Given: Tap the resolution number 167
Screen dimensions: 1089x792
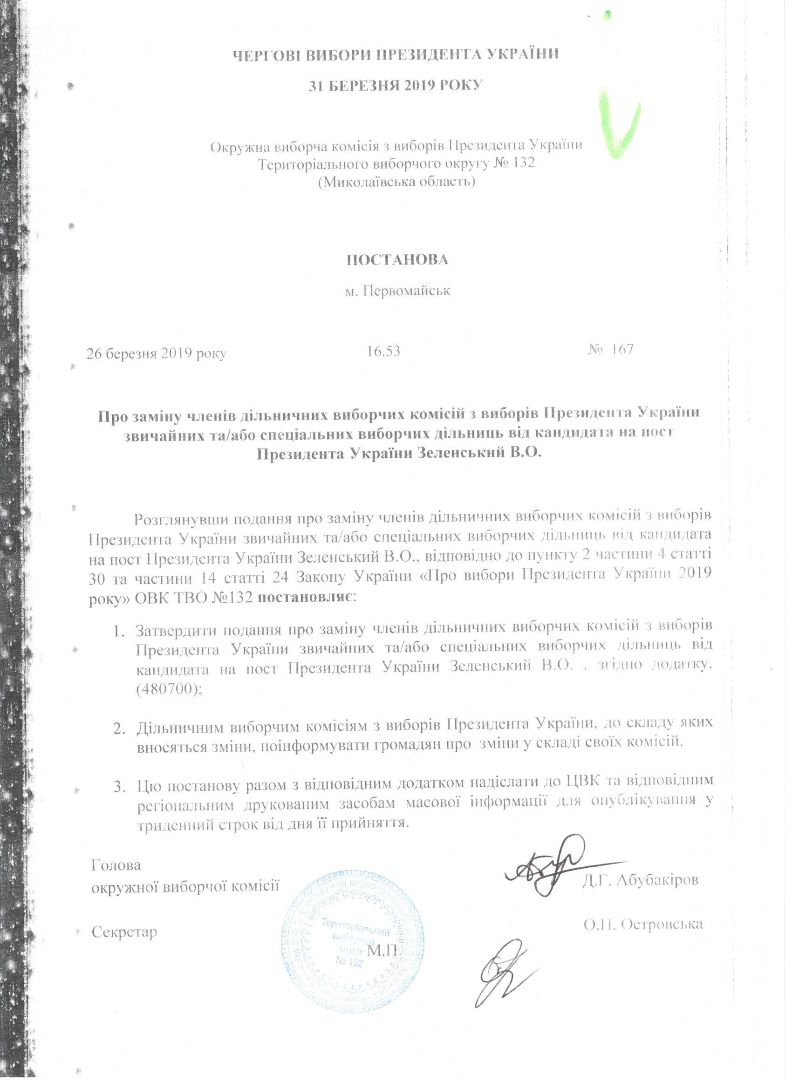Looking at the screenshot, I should pos(622,349).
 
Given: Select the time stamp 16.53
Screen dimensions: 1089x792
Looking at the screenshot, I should pos(383,352).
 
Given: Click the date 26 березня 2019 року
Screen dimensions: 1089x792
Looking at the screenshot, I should pos(157,354).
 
